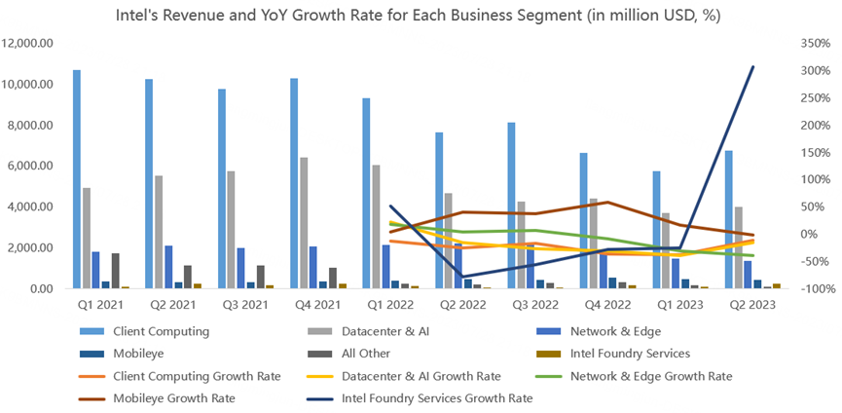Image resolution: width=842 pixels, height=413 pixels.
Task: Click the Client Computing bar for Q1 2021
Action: [x=77, y=179]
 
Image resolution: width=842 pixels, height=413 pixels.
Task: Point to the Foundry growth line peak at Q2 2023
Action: [x=752, y=66]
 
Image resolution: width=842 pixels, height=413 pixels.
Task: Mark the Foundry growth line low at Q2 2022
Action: [x=464, y=278]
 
